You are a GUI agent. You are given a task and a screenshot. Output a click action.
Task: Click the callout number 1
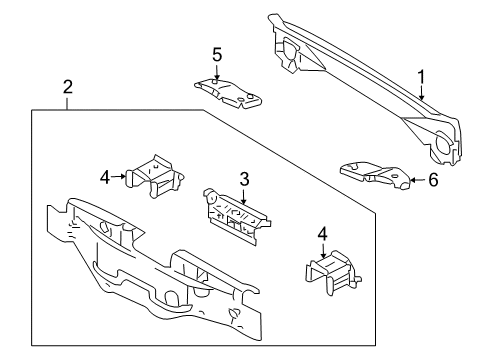422,77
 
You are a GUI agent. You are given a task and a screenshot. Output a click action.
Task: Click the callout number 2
68,87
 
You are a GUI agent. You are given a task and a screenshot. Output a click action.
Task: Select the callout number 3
245,179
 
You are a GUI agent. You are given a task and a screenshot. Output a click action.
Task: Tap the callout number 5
217,55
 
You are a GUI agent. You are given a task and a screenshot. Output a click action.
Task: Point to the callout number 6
433,180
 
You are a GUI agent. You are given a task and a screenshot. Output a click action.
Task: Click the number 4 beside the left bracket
105,177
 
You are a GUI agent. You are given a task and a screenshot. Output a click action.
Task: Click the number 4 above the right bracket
323,234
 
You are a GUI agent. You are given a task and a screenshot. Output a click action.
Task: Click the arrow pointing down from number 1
422,93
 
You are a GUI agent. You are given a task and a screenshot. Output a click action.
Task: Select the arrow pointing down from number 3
244,197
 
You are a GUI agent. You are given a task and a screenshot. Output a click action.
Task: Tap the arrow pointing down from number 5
216,73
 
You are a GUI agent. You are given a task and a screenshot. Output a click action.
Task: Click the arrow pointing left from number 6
417,180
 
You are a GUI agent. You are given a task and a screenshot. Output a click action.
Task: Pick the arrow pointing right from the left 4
119,177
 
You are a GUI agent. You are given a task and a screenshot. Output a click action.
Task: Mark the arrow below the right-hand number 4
323,251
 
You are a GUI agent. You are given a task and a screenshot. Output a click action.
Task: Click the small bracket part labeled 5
228,93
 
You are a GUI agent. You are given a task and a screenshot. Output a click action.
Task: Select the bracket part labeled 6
375,175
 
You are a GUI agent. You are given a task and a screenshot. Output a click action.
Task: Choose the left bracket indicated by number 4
154,175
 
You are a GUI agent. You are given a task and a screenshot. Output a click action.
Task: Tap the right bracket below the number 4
333,273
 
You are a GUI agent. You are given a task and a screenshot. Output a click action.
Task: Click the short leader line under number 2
68,103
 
